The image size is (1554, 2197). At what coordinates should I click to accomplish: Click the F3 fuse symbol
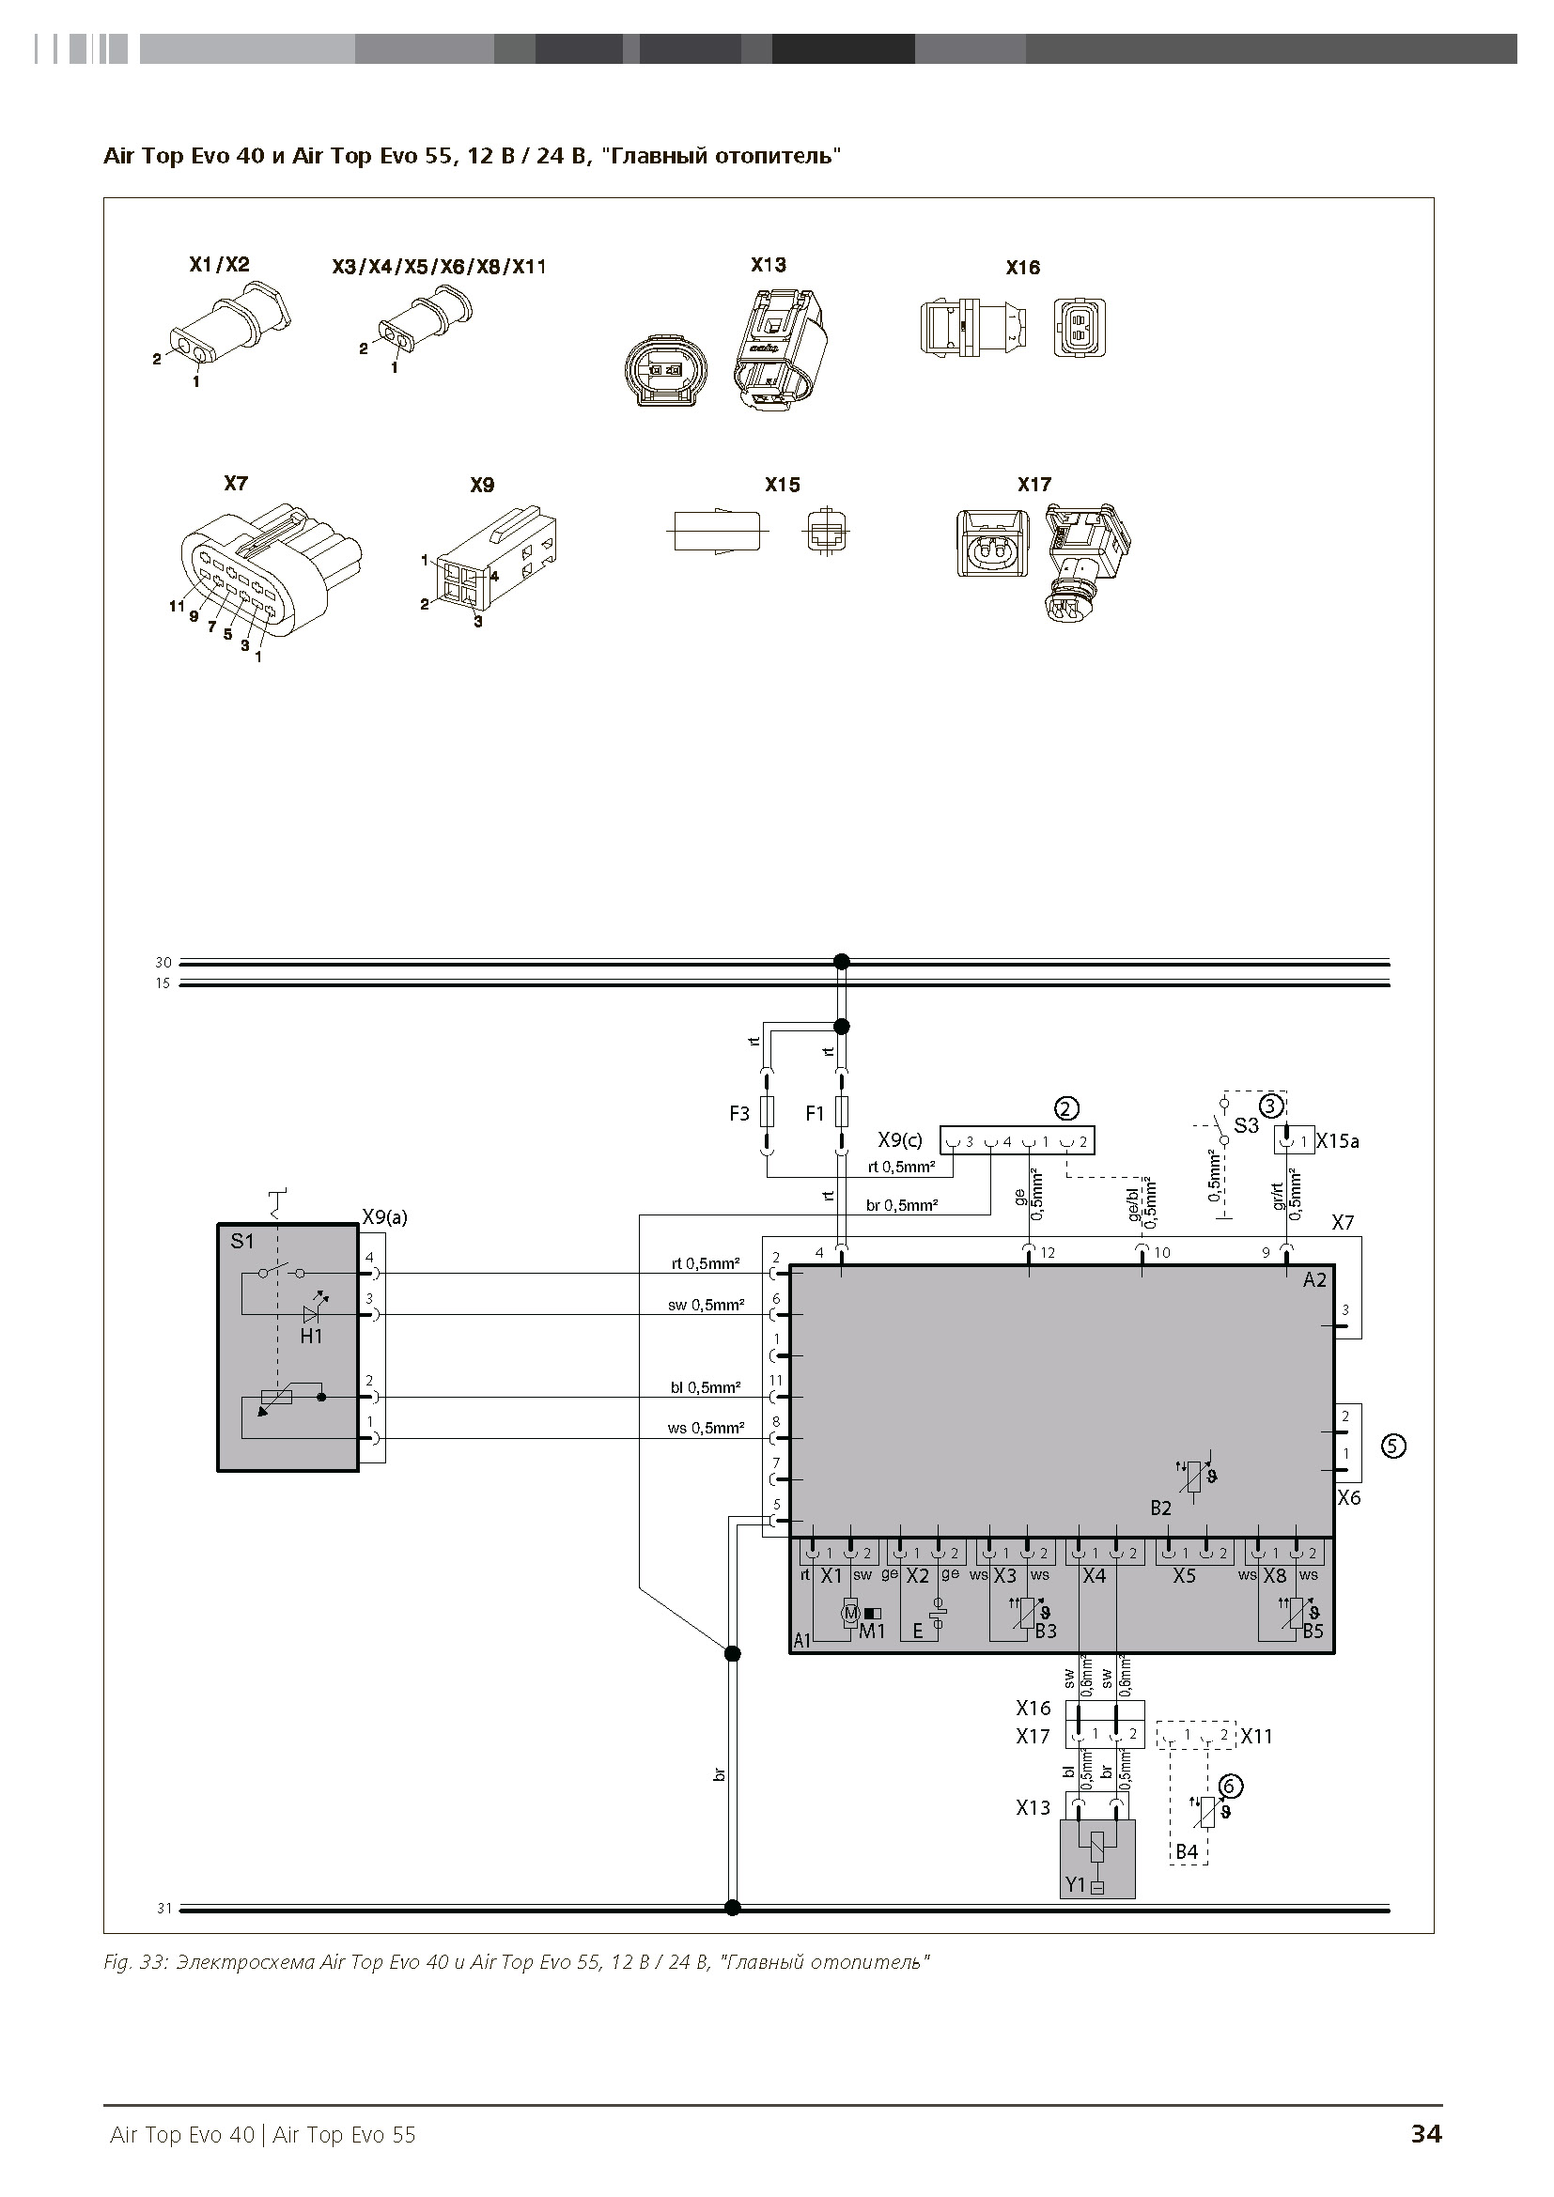click(766, 1111)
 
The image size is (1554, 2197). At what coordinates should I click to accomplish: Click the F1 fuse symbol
click(841, 1111)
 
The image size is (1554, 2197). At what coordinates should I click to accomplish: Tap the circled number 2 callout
click(1066, 1108)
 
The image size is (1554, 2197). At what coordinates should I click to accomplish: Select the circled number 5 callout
click(1393, 1446)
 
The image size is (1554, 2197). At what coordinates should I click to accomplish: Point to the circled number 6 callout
click(1231, 1786)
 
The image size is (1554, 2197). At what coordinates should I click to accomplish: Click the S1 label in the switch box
click(242, 1241)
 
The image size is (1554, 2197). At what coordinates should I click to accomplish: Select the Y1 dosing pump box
click(1097, 1859)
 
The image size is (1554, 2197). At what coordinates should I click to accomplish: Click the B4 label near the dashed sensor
click(1187, 1851)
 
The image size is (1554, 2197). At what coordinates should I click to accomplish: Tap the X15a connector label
click(1338, 1141)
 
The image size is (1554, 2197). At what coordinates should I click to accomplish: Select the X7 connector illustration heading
click(236, 483)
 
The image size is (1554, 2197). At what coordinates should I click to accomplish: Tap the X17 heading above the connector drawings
click(1034, 484)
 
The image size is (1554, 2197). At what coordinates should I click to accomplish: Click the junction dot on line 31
click(732, 1908)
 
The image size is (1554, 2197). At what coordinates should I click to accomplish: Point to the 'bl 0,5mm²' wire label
click(706, 1387)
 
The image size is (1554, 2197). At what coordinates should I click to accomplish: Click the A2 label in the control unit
click(1314, 1279)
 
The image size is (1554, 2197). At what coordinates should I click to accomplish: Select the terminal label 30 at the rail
click(163, 963)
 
